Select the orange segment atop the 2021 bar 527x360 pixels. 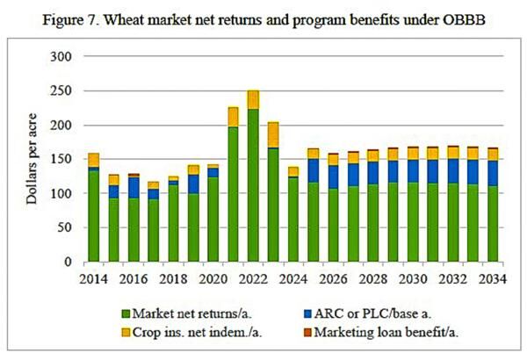point(209,117)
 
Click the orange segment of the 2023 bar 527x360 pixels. point(248,134)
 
